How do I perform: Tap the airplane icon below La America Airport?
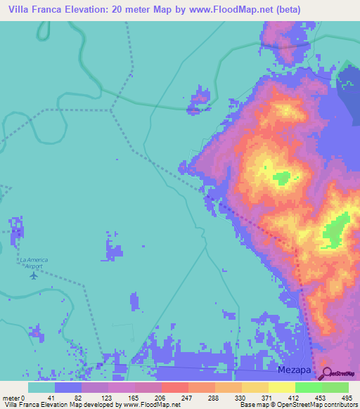[x=33, y=275]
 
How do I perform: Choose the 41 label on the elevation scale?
[x=51, y=398]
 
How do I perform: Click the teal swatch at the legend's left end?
[x=41, y=387]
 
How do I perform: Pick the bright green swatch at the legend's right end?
[x=335, y=387]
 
